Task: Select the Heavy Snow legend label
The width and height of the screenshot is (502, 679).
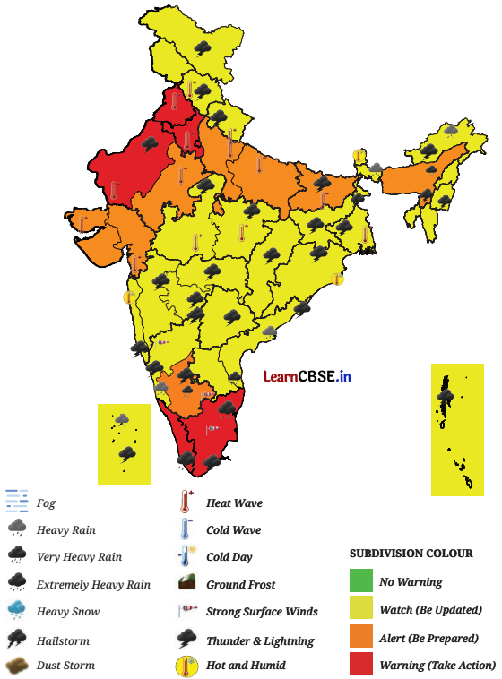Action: [67, 612]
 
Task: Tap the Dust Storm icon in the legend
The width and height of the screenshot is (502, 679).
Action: [17, 666]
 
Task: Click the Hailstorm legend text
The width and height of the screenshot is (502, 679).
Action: [63, 641]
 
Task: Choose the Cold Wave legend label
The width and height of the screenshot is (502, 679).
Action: [233, 530]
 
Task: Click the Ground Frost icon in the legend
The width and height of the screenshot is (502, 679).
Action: [186, 584]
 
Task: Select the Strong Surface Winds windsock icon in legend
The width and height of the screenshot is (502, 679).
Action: [186, 612]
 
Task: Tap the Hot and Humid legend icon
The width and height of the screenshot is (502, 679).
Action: [186, 666]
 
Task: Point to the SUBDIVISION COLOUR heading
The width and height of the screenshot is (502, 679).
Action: [411, 554]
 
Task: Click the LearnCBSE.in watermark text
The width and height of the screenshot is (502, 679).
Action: [307, 377]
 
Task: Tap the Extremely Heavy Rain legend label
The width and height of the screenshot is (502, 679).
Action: [93, 584]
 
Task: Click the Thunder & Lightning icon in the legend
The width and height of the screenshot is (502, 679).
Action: [186, 639]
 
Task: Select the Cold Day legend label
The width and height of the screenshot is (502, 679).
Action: [229, 557]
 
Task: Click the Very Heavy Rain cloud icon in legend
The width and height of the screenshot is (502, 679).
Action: [17, 555]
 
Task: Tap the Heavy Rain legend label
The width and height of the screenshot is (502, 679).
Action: [65, 530]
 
